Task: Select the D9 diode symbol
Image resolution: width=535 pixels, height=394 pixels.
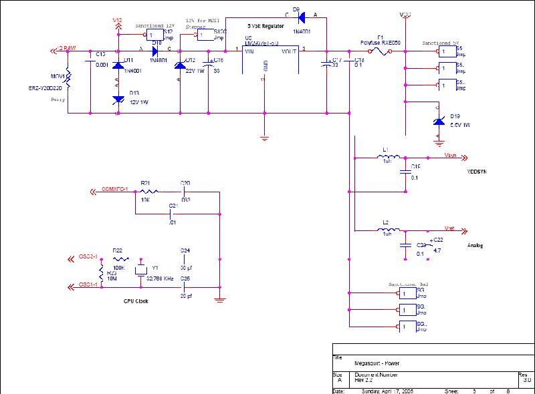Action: (300, 17)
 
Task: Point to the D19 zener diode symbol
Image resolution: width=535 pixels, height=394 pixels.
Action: (438, 120)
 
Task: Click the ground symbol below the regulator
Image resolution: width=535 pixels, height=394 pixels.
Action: (265, 138)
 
